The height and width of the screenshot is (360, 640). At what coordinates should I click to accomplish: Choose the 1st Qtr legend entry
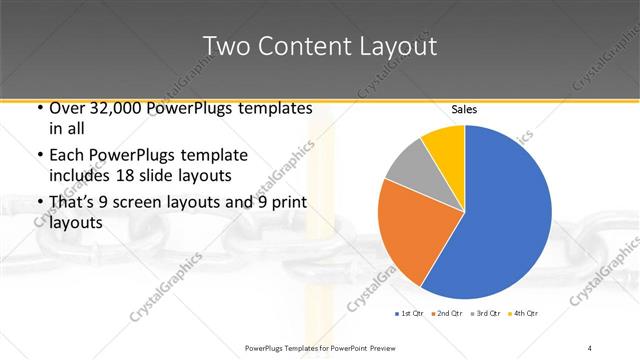[x=411, y=314]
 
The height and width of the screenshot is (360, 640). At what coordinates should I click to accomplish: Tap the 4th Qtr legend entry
[x=524, y=314]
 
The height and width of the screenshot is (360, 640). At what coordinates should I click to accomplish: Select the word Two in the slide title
[x=223, y=47]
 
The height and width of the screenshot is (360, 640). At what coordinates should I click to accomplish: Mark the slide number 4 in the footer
[x=590, y=347]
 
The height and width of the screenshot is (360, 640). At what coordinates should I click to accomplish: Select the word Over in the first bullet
[x=64, y=108]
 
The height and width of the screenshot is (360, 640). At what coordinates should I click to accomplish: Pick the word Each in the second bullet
[x=65, y=156]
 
